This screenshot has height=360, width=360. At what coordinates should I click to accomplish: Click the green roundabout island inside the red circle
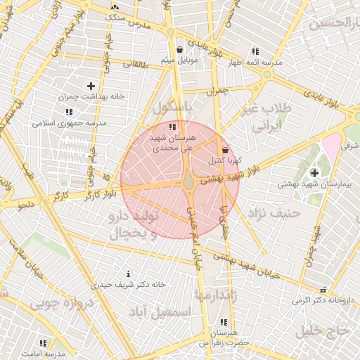(189, 183)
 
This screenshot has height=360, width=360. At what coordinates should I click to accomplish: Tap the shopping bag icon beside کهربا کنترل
(225, 150)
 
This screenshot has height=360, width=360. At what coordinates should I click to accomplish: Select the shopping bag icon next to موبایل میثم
(181, 49)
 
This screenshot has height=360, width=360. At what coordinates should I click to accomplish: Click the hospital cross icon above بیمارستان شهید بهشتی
(313, 172)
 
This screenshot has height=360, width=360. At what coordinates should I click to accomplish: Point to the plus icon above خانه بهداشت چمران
(91, 85)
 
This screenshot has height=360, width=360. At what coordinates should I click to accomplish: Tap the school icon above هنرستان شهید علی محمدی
(172, 127)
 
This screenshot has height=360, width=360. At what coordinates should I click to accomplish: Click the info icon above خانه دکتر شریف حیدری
(127, 273)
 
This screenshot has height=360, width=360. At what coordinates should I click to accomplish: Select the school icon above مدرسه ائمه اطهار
(255, 51)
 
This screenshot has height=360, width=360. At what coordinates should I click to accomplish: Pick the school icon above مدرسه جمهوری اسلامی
(69, 112)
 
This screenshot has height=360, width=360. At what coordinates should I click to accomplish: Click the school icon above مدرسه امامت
(43, 343)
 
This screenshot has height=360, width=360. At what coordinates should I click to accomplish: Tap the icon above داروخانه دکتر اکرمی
(323, 290)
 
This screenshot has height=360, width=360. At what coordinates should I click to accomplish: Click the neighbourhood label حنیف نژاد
(276, 212)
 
